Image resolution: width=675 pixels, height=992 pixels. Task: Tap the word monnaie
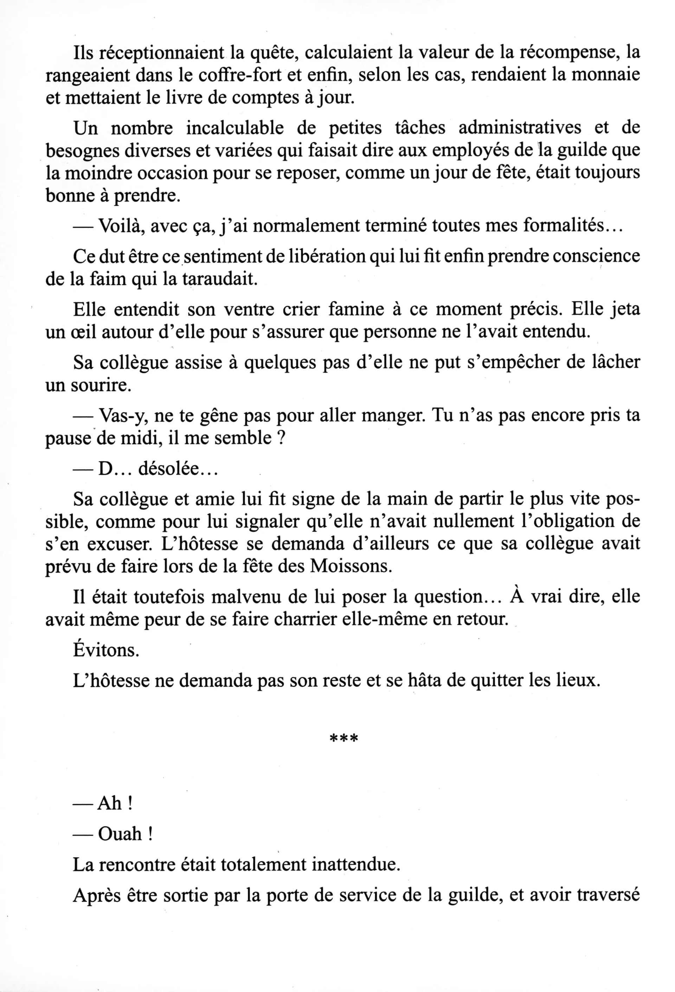point(605,76)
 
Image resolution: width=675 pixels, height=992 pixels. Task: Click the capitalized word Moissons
point(351,566)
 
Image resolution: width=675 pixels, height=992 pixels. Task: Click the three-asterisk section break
point(344,738)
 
